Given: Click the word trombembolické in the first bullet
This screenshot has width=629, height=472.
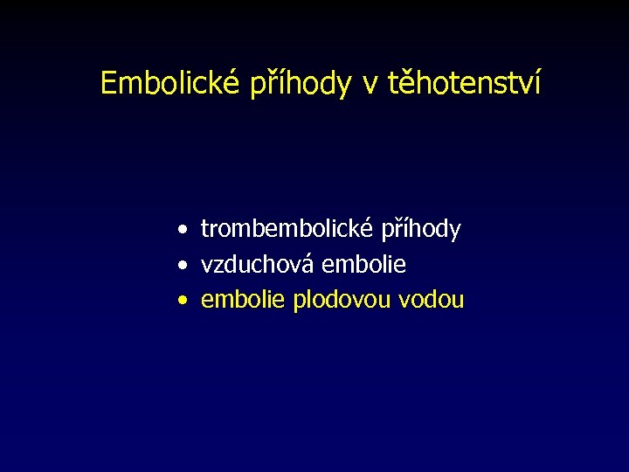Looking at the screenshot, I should coord(287,230).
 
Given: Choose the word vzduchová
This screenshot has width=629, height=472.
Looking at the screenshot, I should coord(259,265).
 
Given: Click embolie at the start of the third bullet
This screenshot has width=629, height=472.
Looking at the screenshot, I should coord(244,301).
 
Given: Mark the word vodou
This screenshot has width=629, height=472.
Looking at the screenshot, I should coord(431,301).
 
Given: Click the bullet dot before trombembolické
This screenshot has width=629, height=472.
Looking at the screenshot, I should coord(179,231).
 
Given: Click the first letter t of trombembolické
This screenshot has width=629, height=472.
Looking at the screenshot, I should coord(205,230).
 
